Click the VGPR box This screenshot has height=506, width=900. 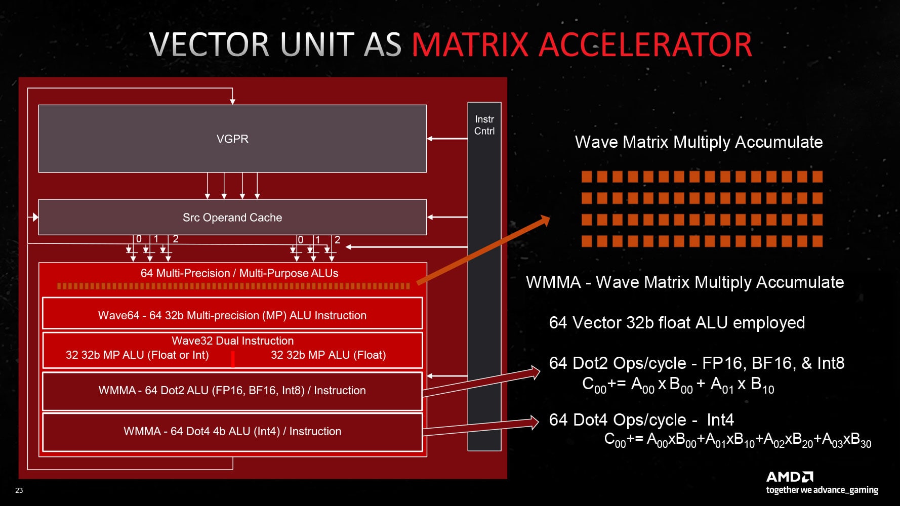click(x=232, y=139)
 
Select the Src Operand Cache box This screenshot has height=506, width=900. click(x=232, y=217)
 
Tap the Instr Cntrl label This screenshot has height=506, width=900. click(x=484, y=125)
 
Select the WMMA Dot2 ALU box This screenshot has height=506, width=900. click(x=232, y=391)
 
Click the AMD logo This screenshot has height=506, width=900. click(x=790, y=477)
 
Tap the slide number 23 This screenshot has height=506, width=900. click(x=19, y=490)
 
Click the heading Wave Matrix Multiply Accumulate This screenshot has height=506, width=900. click(x=699, y=142)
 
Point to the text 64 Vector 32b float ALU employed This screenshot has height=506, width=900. click(x=677, y=323)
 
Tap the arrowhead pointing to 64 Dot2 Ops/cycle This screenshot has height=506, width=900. click(x=535, y=373)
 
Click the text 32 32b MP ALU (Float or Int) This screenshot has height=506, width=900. click(x=137, y=355)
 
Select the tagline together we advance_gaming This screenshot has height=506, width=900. click(x=822, y=490)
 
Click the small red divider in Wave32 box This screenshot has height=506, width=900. click(x=233, y=359)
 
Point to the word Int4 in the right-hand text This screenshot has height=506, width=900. click(x=720, y=420)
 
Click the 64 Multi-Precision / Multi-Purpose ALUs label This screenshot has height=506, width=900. click(x=239, y=273)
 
